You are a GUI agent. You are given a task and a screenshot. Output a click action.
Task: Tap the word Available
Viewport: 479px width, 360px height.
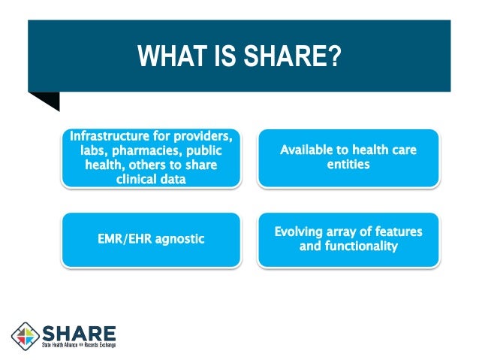[x=311, y=150]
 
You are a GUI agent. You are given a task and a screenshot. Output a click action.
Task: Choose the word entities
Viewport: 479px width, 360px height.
[x=348, y=164]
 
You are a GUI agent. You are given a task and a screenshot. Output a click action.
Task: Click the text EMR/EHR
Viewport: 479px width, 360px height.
[x=122, y=239]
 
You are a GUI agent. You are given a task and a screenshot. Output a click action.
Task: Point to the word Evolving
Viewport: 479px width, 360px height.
[x=300, y=231]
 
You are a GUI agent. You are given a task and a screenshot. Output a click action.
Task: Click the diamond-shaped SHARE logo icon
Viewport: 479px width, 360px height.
[x=26, y=336]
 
